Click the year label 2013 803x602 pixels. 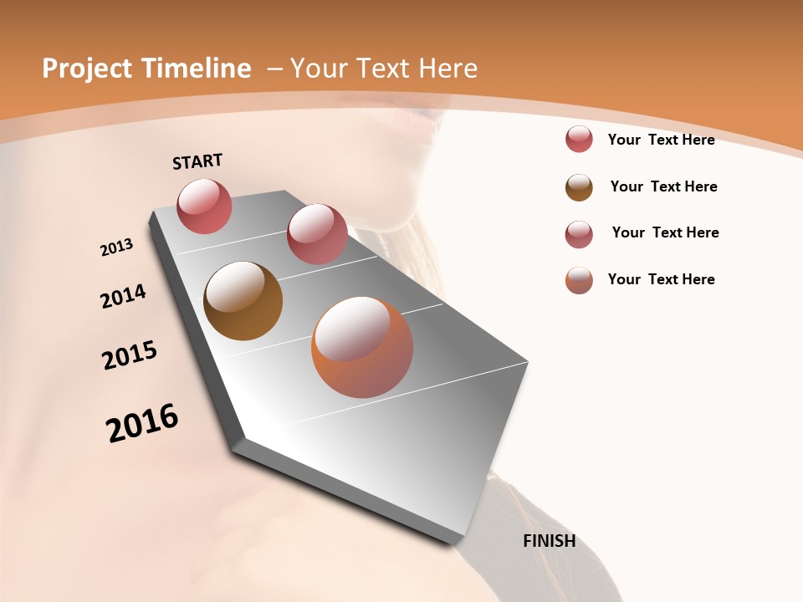(x=116, y=247)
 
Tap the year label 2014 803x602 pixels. (x=123, y=296)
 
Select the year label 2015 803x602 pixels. (x=130, y=355)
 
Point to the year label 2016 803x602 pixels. (x=142, y=423)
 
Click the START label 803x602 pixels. (x=197, y=161)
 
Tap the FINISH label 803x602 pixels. (x=549, y=541)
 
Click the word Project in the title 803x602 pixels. (x=87, y=69)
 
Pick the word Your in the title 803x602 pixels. (x=318, y=69)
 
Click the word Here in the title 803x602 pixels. (x=448, y=69)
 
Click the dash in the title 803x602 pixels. (x=274, y=69)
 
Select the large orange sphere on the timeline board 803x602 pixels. (x=362, y=347)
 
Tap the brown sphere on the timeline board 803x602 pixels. (x=243, y=301)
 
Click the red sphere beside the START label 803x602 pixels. (x=205, y=206)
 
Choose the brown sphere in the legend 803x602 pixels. (x=579, y=187)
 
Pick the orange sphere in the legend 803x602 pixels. (x=579, y=280)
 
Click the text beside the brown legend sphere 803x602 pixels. (x=663, y=186)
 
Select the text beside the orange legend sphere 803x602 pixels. (x=661, y=279)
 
